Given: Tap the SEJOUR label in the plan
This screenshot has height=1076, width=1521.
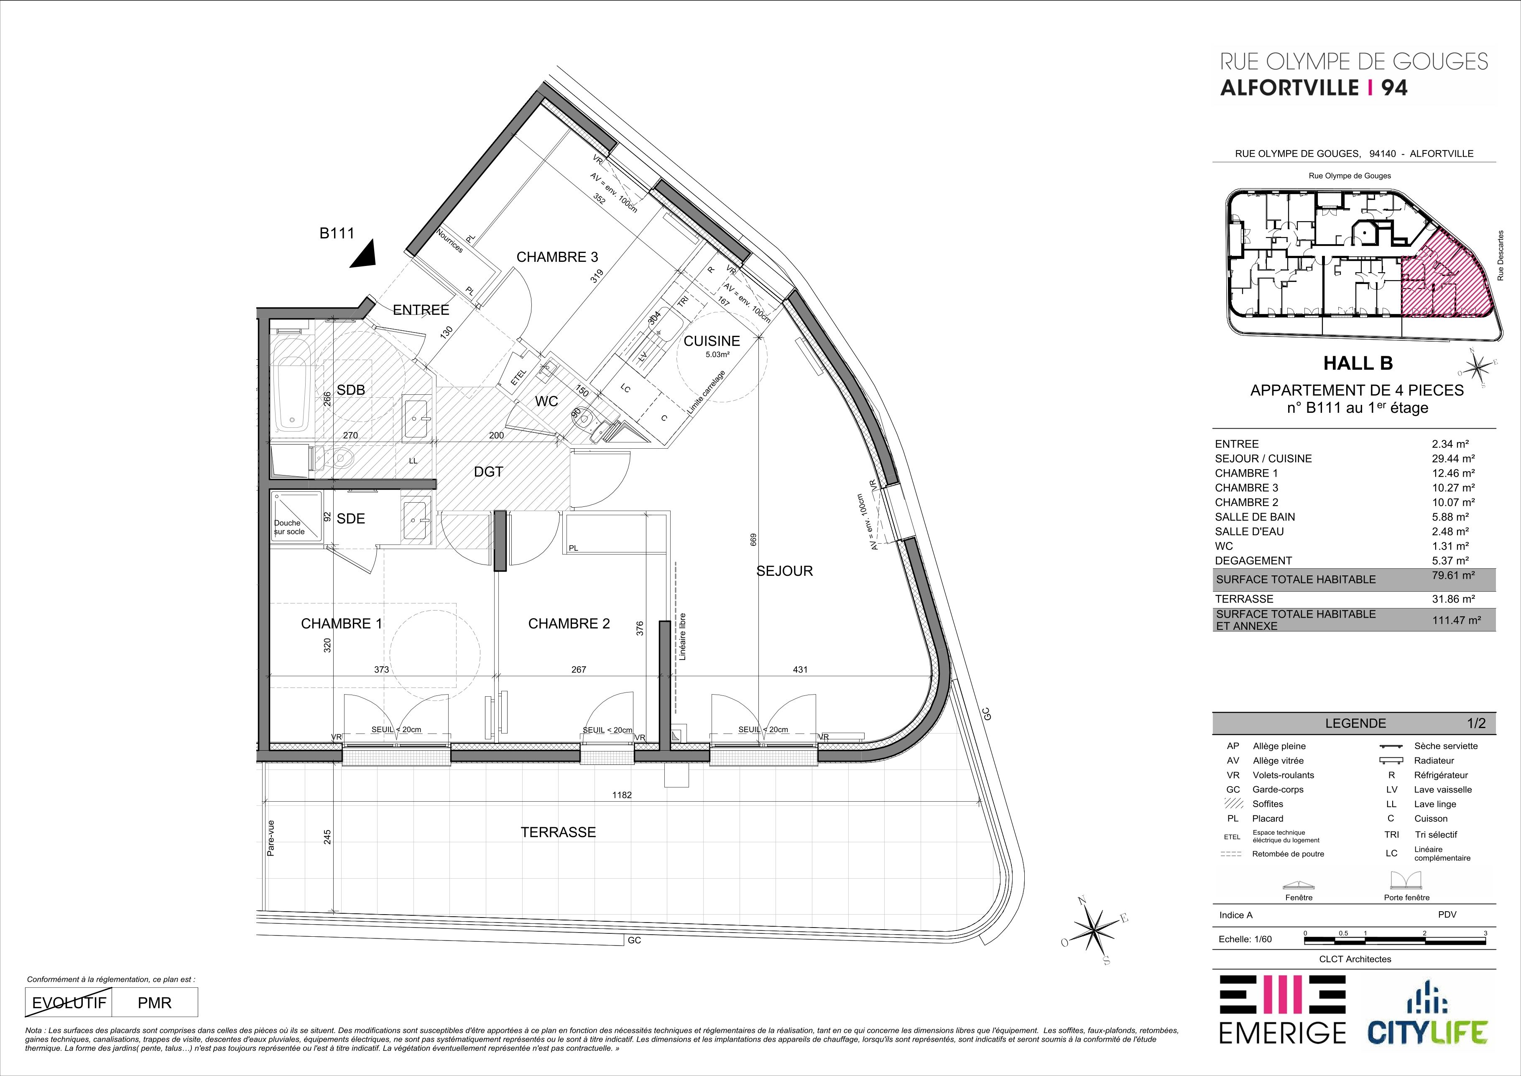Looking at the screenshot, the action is [784, 571].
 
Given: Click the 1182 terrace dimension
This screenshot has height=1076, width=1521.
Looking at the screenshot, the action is [622, 795].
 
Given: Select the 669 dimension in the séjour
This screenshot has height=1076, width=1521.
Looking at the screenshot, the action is [753, 540].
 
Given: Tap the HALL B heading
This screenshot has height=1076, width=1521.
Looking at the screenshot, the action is [1358, 363].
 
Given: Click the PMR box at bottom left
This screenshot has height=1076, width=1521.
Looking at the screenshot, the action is [154, 1002].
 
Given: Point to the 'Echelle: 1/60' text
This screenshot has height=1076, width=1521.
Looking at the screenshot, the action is [1245, 939].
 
